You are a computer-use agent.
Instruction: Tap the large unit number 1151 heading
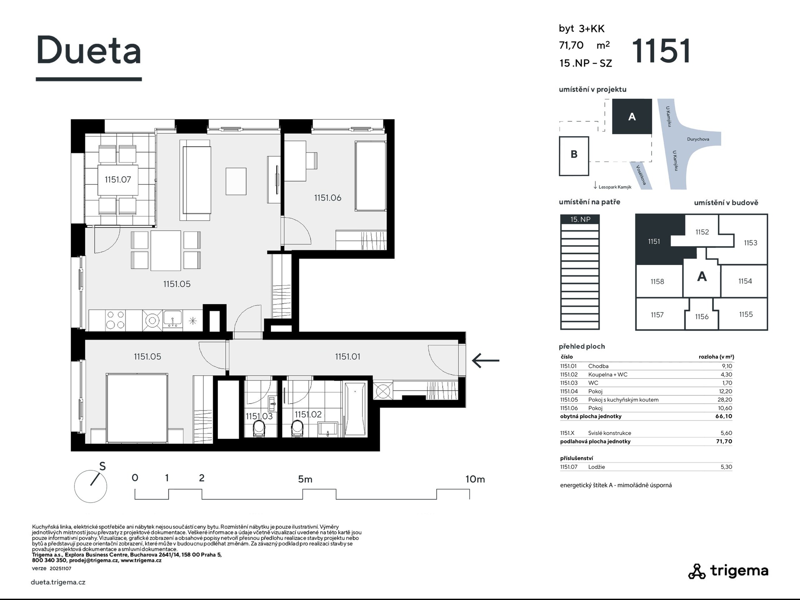pyautogui.click(x=661, y=51)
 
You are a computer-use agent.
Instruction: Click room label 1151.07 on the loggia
pyautogui.click(x=118, y=180)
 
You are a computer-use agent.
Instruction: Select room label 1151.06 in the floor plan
pyautogui.click(x=327, y=198)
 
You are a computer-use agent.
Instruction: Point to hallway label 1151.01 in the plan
pyautogui.click(x=347, y=357)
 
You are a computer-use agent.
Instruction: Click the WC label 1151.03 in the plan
pyautogui.click(x=259, y=416)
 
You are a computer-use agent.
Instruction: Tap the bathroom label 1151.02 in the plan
pyautogui.click(x=308, y=414)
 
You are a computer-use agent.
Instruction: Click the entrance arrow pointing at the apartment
pyautogui.click(x=485, y=360)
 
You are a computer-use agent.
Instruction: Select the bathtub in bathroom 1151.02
pyautogui.click(x=355, y=409)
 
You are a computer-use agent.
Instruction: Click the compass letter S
pyautogui.click(x=102, y=466)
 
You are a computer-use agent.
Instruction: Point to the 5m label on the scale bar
pyautogui.click(x=305, y=479)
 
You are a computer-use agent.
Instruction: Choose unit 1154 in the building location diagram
pyautogui.click(x=745, y=281)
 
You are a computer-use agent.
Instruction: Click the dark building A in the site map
pyautogui.click(x=632, y=116)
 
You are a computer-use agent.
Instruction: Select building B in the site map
pyautogui.click(x=574, y=156)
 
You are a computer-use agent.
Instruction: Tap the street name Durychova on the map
pyautogui.click(x=698, y=139)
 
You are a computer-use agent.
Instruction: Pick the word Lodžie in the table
pyautogui.click(x=597, y=467)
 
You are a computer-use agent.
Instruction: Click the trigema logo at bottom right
pyautogui.click(x=728, y=571)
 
